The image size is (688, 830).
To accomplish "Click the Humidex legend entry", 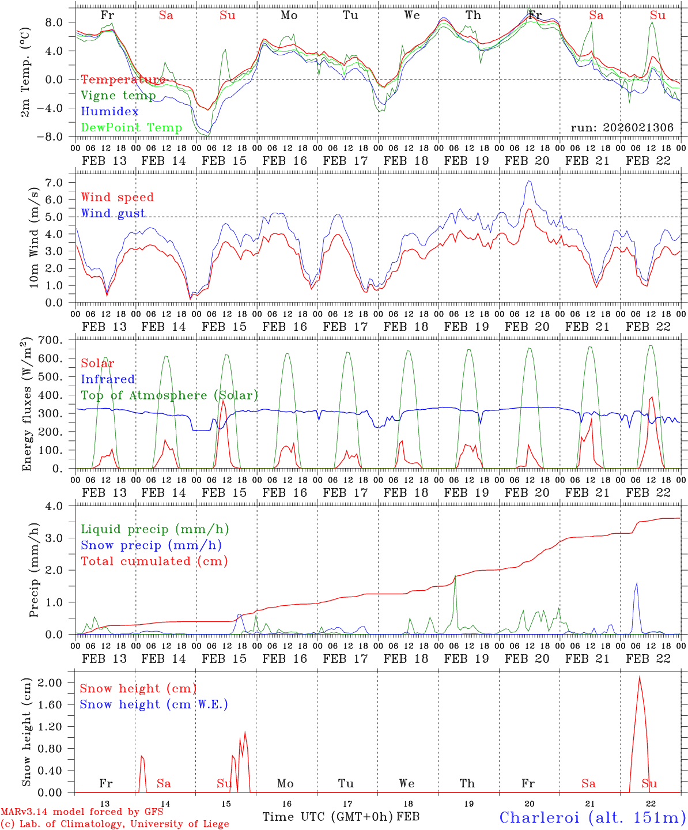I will pyautogui.click(x=109, y=112).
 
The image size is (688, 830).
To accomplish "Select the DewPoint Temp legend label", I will pyautogui.click(x=131, y=127).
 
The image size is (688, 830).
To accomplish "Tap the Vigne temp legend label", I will pyautogui.click(x=118, y=96).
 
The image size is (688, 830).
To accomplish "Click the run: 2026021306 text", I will pyautogui.click(x=622, y=128).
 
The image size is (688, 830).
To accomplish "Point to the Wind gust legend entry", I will pyautogui.click(x=113, y=213).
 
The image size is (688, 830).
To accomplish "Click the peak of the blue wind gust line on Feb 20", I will pyautogui.click(x=528, y=181).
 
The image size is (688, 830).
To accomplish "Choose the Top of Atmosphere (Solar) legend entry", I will pyautogui.click(x=169, y=395).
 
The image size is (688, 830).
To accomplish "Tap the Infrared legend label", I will pyautogui.click(x=108, y=379).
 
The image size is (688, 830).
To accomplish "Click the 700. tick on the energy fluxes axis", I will pyautogui.click(x=58, y=340).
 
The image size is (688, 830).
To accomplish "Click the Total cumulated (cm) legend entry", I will pyautogui.click(x=154, y=561).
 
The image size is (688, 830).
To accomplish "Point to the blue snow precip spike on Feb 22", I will pyautogui.click(x=637, y=583).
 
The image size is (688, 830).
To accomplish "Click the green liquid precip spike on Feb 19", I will pyautogui.click(x=455, y=576).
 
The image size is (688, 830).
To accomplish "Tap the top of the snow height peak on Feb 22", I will pyautogui.click(x=638, y=677).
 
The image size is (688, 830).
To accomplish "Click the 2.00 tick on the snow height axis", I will pyautogui.click(x=58, y=683).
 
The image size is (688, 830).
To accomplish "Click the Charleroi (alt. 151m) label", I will pyautogui.click(x=592, y=817).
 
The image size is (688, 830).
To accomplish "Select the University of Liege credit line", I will pyautogui.click(x=115, y=824).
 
